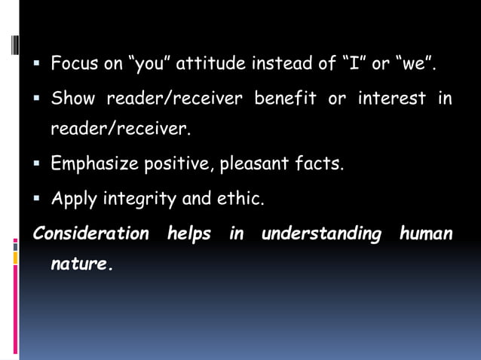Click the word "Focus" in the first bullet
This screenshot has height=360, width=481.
[x=73, y=64]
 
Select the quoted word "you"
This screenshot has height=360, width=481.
[x=153, y=64]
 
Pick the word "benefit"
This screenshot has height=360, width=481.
[x=283, y=99]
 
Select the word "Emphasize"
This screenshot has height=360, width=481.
[x=93, y=164]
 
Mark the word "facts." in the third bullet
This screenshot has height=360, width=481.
[x=320, y=164]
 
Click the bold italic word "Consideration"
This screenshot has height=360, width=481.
[x=90, y=233]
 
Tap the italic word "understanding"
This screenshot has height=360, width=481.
[x=321, y=233]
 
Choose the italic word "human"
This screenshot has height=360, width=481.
[x=426, y=233]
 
